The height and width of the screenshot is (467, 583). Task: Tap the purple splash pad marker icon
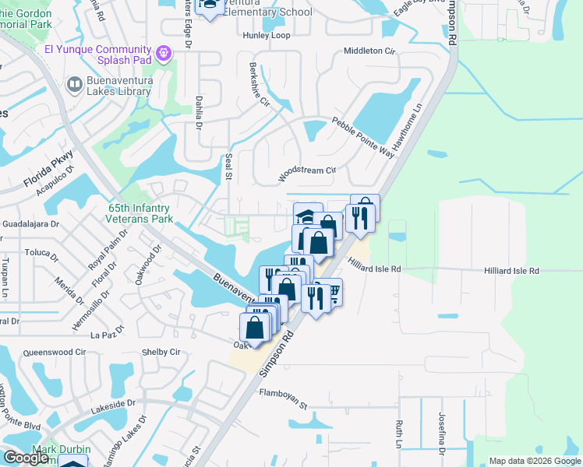point(163,53)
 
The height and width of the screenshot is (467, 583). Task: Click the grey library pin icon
point(74,83)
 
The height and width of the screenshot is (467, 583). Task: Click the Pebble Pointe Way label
point(362,137)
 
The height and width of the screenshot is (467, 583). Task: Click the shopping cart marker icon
point(333,292)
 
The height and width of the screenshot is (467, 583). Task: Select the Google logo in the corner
point(26,458)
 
